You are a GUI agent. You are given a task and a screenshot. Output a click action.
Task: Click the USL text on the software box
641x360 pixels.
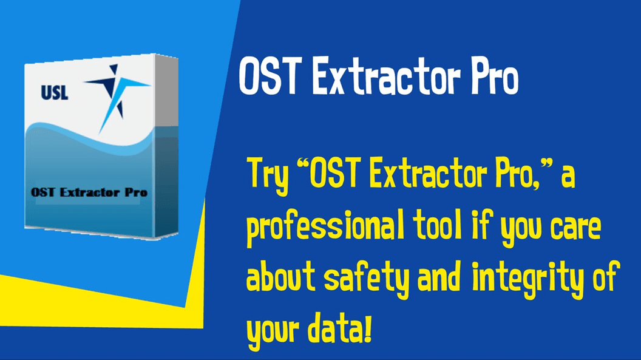(55, 93)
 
